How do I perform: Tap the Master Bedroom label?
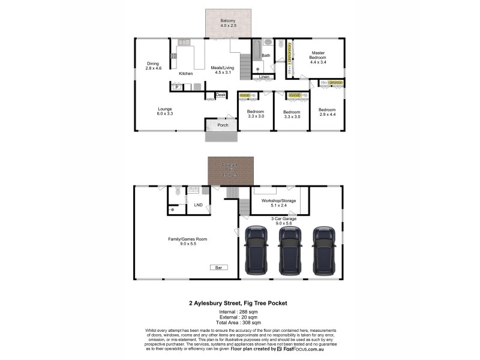pos(317,58)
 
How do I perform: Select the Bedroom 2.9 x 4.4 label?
pos(327,112)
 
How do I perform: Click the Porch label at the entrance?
pos(223,125)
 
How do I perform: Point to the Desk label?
pos(221,95)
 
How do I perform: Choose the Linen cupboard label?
pos(264,77)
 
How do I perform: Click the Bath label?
pos(266,56)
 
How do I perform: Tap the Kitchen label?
pos(186,73)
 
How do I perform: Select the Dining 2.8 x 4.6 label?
pos(154,66)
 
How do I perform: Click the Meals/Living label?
pos(221,70)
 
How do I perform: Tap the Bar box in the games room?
pos(218,267)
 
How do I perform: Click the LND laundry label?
pos(198,205)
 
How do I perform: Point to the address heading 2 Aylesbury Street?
pos(235,304)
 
